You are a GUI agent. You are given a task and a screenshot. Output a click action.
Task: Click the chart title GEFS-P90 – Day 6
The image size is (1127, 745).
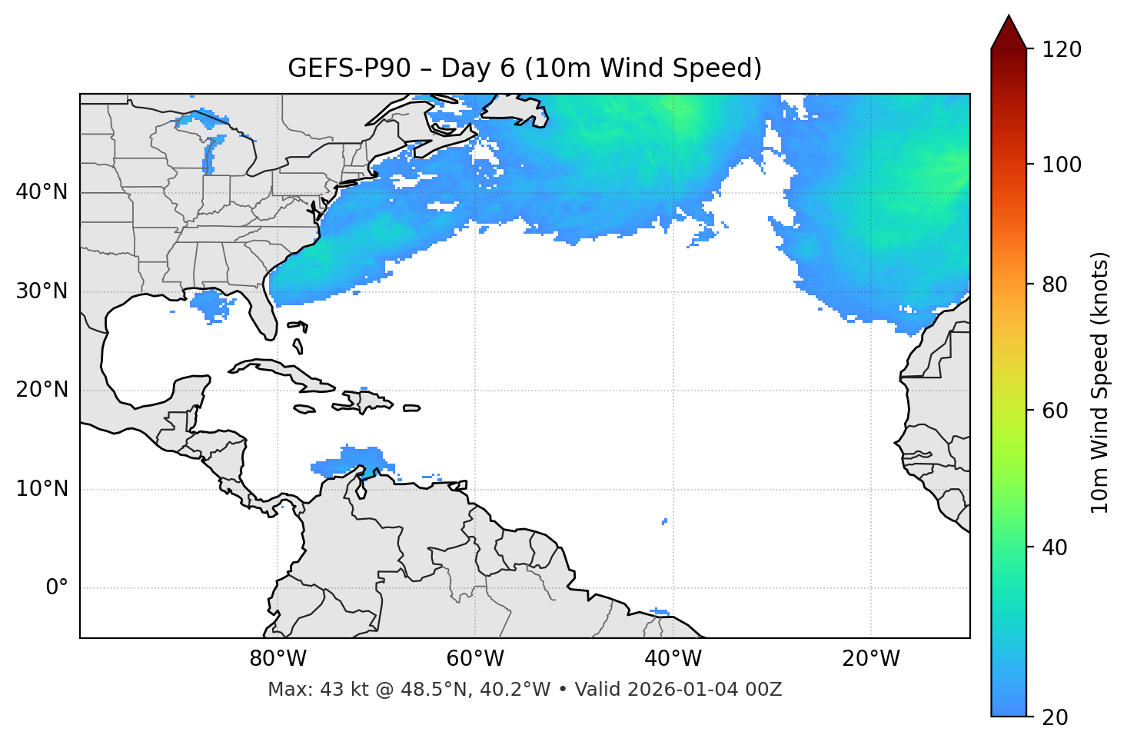pyautogui.click(x=524, y=68)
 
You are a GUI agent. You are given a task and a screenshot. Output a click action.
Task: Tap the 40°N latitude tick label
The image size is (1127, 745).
pyautogui.click(x=42, y=191)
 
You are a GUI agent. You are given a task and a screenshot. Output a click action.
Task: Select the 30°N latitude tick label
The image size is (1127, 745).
pyautogui.click(x=42, y=291)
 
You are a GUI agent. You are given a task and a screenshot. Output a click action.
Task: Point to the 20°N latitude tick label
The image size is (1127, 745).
pyautogui.click(x=42, y=390)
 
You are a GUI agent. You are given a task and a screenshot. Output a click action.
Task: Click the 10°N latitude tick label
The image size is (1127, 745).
pyautogui.click(x=42, y=489)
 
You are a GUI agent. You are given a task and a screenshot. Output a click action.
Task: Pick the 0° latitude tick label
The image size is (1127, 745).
pyautogui.click(x=57, y=588)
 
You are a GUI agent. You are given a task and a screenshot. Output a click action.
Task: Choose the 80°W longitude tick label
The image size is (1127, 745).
pyautogui.click(x=278, y=659)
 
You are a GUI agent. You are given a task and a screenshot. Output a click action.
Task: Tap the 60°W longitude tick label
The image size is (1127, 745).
pyautogui.click(x=475, y=659)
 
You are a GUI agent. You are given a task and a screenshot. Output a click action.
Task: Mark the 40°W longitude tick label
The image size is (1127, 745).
pyautogui.click(x=673, y=659)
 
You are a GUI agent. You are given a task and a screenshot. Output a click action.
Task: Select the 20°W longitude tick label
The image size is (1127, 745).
pyautogui.click(x=870, y=659)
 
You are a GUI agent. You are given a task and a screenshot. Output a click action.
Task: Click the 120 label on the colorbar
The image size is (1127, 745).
pyautogui.click(x=1062, y=50)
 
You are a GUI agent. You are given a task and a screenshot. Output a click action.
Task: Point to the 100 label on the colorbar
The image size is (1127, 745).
pyautogui.click(x=1062, y=165)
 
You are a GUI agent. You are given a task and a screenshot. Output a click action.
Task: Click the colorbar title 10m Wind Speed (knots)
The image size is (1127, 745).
pyautogui.click(x=1100, y=383)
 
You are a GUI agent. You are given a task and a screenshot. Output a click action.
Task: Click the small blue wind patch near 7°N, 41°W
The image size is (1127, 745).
pyautogui.click(x=664, y=521)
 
